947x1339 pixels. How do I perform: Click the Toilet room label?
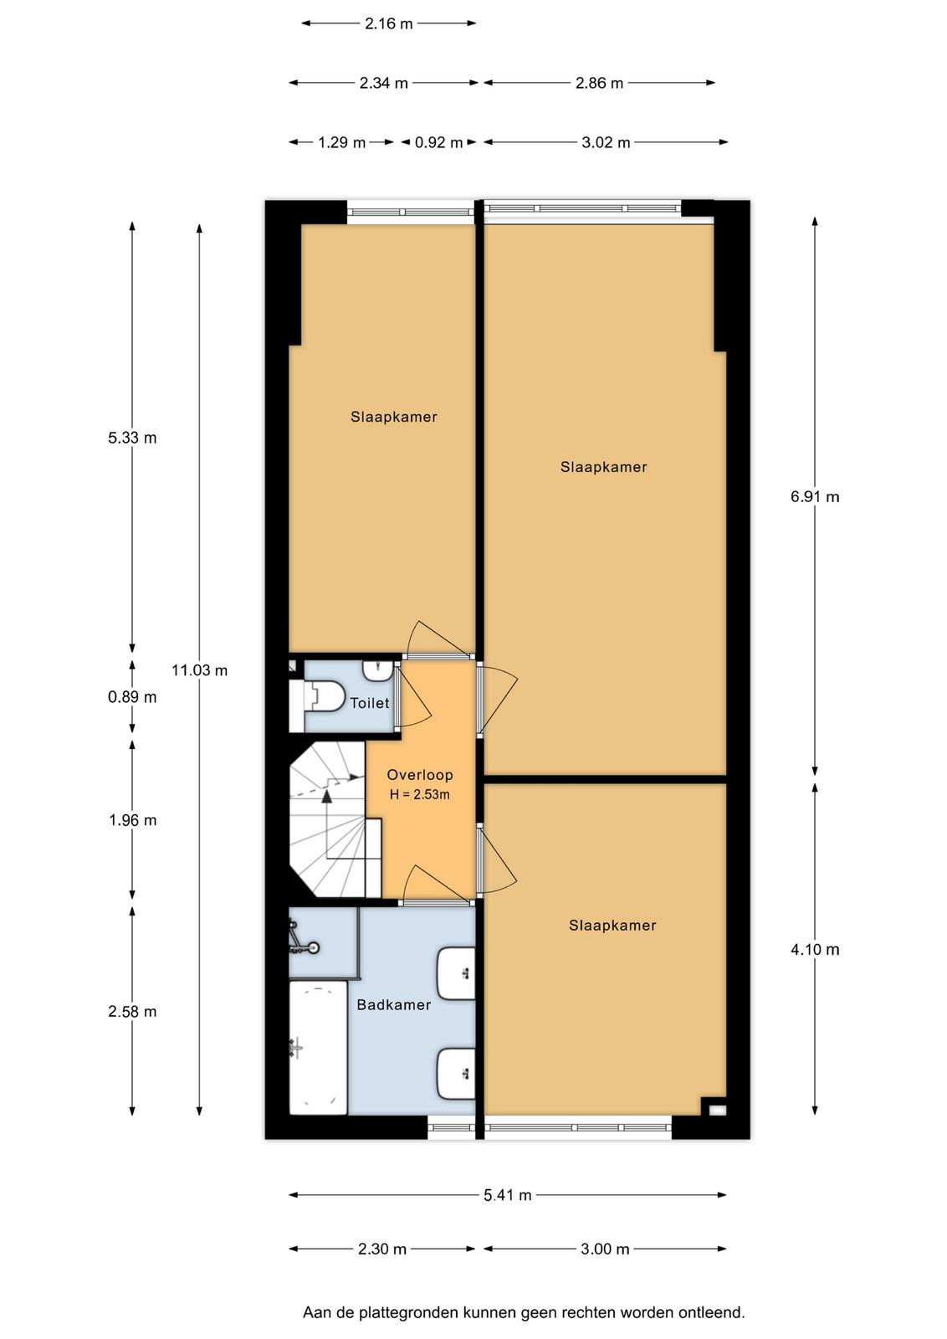(x=369, y=703)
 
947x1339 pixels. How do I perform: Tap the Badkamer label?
(x=394, y=1005)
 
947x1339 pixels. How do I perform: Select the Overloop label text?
(x=420, y=775)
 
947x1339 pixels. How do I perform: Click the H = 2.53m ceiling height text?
(x=419, y=794)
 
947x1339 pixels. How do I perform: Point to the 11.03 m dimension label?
(x=200, y=670)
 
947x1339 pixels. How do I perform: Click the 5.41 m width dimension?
(x=507, y=1195)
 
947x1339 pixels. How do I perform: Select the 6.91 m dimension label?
(x=815, y=497)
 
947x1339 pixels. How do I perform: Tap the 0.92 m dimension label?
(x=438, y=143)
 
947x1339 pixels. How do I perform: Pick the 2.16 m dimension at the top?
(x=388, y=24)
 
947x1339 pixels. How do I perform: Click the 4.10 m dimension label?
(x=815, y=949)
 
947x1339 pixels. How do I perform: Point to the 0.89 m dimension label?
(x=132, y=697)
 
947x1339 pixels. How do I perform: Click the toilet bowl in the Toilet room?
(x=325, y=696)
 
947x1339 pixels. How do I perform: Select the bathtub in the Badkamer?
(x=318, y=1048)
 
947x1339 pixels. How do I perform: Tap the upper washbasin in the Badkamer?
(x=457, y=973)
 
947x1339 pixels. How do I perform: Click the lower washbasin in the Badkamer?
(x=457, y=1075)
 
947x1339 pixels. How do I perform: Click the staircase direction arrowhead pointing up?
(x=326, y=796)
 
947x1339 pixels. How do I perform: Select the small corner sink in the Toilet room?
(x=377, y=670)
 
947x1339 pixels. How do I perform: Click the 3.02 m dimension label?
(x=605, y=143)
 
